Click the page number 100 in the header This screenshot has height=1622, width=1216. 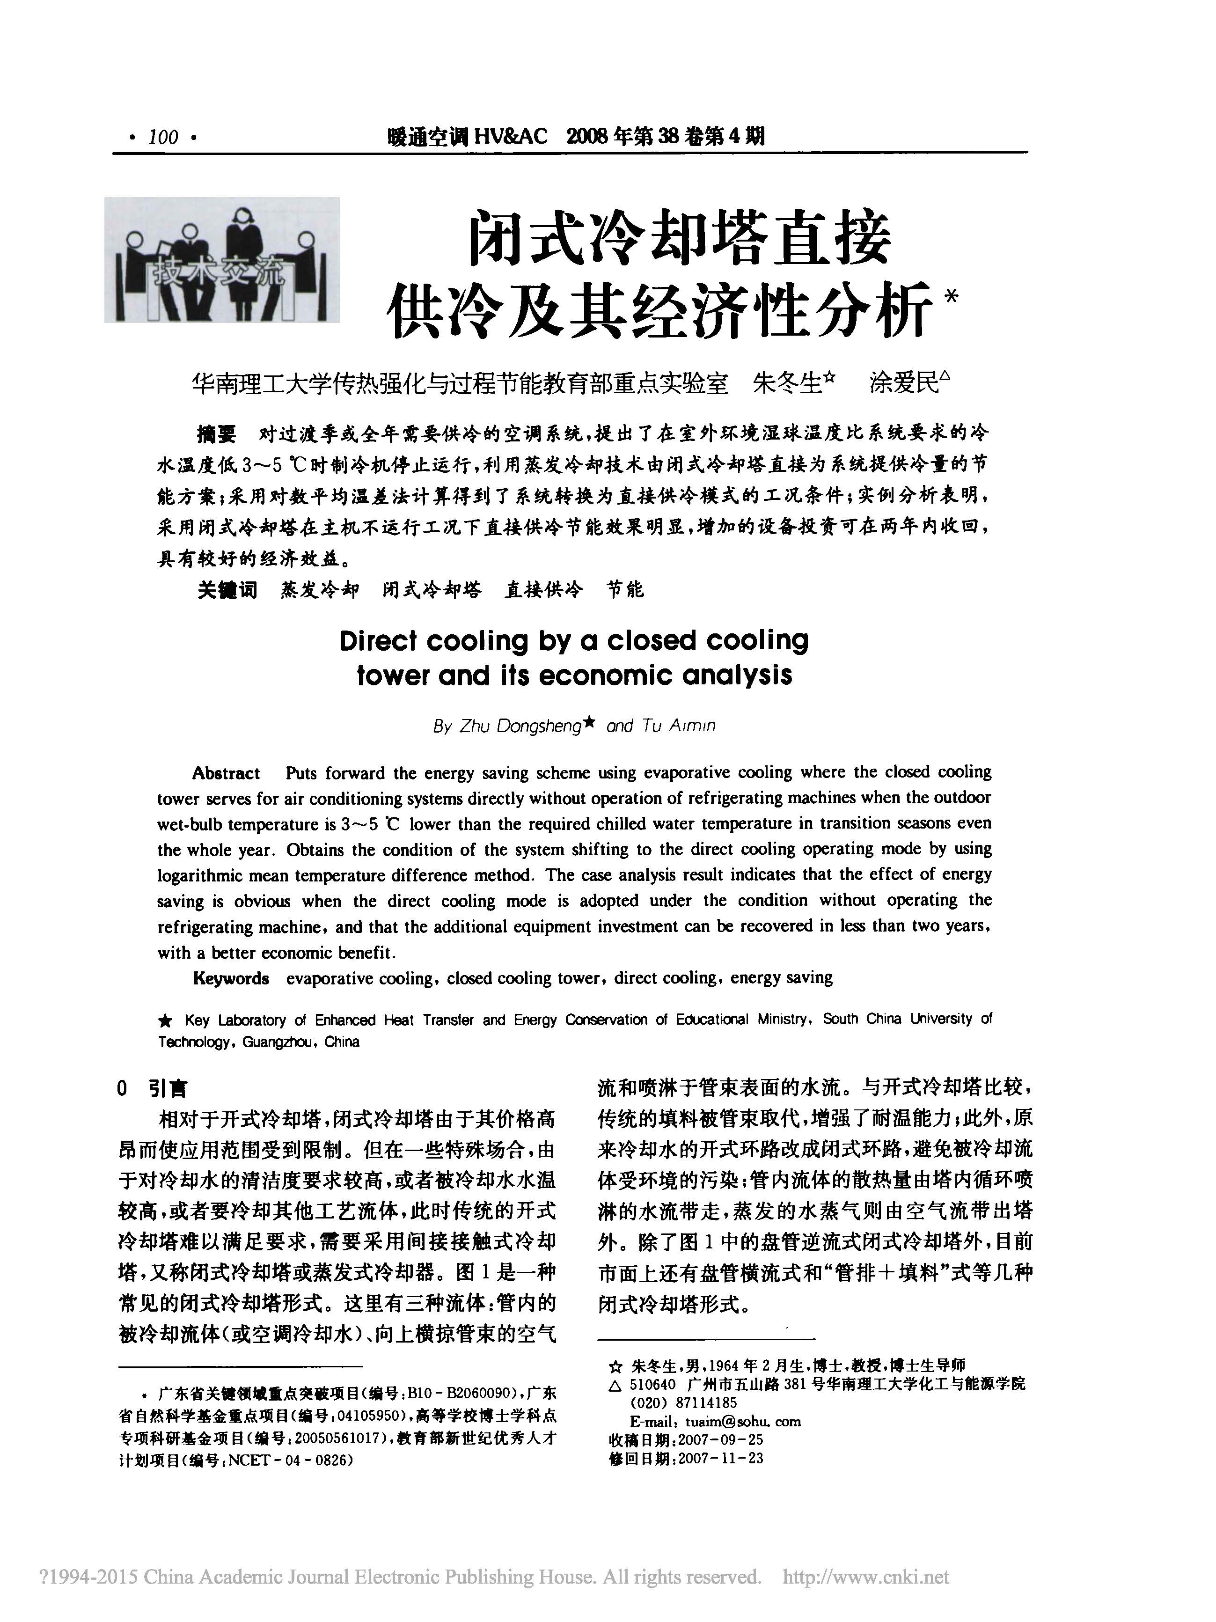[x=163, y=137]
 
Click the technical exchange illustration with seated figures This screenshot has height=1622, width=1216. [x=221, y=260]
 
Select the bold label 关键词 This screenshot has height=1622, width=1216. [x=227, y=589]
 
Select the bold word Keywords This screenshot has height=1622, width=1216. [x=231, y=978]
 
